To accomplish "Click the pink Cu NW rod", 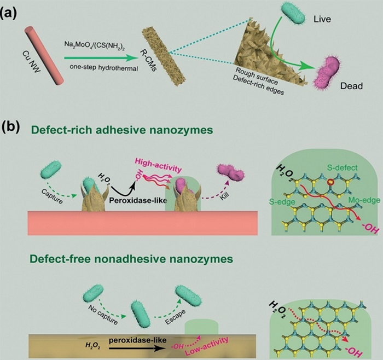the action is coord(44,56).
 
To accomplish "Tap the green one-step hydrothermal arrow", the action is coord(100,58).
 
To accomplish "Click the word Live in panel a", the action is coord(322,19).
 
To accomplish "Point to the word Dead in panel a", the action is coord(351,86).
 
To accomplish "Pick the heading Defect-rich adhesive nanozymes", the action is coord(122,130).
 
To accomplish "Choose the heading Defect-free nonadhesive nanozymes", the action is coord(131,259).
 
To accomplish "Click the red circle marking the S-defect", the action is coord(330,182).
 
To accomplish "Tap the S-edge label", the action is coord(282,202).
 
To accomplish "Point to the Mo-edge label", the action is coord(364,200).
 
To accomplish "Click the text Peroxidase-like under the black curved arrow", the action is coord(138,200).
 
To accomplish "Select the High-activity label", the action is coord(159,166).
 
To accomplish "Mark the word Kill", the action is coord(225,196).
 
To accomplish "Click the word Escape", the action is coord(176,317).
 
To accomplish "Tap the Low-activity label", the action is coord(207,346).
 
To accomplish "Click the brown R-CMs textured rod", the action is coord(164,56).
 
